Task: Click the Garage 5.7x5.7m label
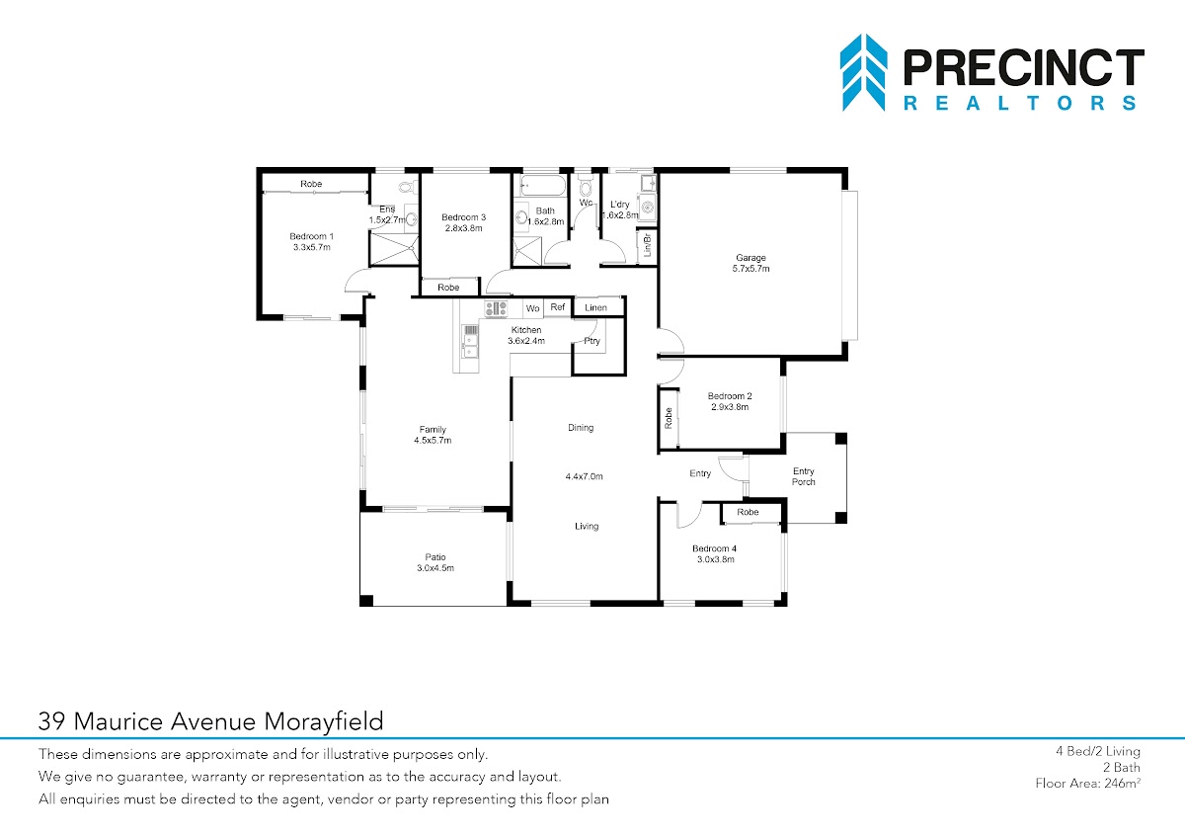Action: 750,263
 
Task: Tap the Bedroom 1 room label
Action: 312,241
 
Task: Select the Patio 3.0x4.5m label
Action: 435,562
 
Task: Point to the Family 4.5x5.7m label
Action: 433,435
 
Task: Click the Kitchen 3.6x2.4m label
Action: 526,335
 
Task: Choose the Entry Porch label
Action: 804,476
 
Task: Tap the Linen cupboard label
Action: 595,307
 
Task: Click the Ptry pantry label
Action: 592,341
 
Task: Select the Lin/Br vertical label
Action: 647,245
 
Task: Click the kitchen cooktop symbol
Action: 496,308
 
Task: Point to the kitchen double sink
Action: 470,342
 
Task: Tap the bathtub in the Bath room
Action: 543,186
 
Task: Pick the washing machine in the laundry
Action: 648,207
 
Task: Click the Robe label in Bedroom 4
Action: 748,512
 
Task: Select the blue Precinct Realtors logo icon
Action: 863,72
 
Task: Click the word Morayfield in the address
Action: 323,721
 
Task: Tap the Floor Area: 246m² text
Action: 1087,783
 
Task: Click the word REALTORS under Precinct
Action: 1020,103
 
